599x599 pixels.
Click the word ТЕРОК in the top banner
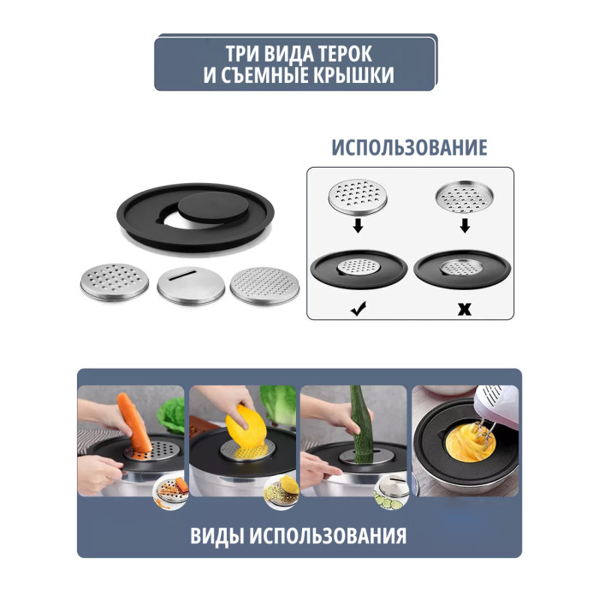pyautogui.click(x=345, y=54)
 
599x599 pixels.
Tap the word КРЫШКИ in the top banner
pyautogui.click(x=353, y=75)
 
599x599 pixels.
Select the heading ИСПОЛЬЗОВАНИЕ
pyautogui.click(x=409, y=147)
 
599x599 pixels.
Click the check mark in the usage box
pyautogui.click(x=359, y=308)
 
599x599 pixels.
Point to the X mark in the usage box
pyautogui.click(x=465, y=309)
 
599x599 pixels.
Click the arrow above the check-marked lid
pyautogui.click(x=358, y=225)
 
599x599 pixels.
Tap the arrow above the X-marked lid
pyautogui.click(x=465, y=225)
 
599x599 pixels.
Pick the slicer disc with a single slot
pyautogui.click(x=191, y=285)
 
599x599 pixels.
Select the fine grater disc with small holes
pyautogui.click(x=264, y=286)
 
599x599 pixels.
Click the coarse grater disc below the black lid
pyautogui.click(x=115, y=282)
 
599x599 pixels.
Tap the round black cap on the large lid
pyautogui.click(x=213, y=207)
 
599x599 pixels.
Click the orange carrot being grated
pyautogui.click(x=134, y=422)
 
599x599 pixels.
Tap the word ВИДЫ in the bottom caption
pyautogui.click(x=216, y=536)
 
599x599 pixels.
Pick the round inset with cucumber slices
pyautogui.click(x=392, y=493)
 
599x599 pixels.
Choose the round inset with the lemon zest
pyautogui.click(x=282, y=493)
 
